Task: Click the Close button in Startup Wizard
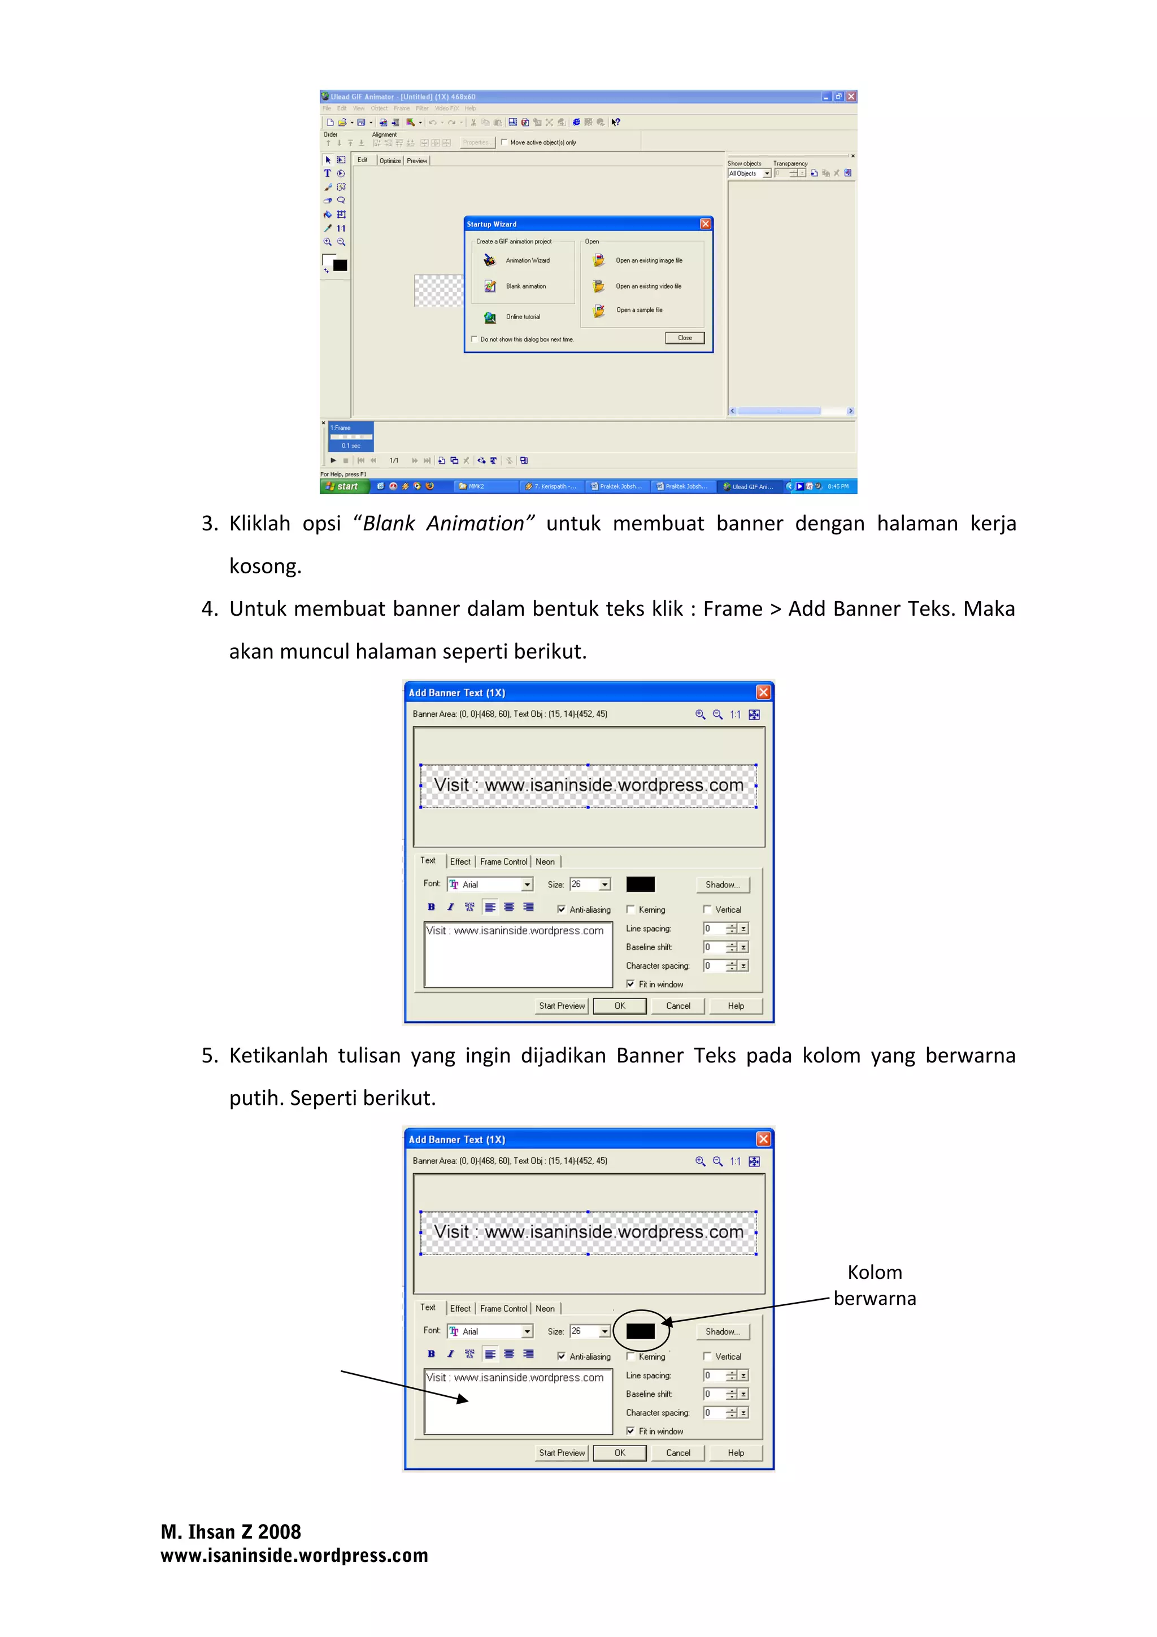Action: point(684,338)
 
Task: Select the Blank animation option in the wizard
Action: point(525,286)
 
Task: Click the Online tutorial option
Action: point(523,316)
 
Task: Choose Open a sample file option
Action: point(639,310)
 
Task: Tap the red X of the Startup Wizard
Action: point(705,224)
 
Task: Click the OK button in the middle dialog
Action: point(620,1006)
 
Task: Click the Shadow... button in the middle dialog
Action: point(722,885)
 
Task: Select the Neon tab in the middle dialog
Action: point(545,862)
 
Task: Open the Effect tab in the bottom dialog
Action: point(460,1308)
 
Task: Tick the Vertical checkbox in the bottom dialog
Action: point(707,1356)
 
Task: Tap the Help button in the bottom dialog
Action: point(736,1453)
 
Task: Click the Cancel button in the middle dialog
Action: point(678,1006)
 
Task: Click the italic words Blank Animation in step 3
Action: point(443,523)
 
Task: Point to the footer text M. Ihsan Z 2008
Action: point(230,1531)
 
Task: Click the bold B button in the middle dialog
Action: point(431,907)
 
